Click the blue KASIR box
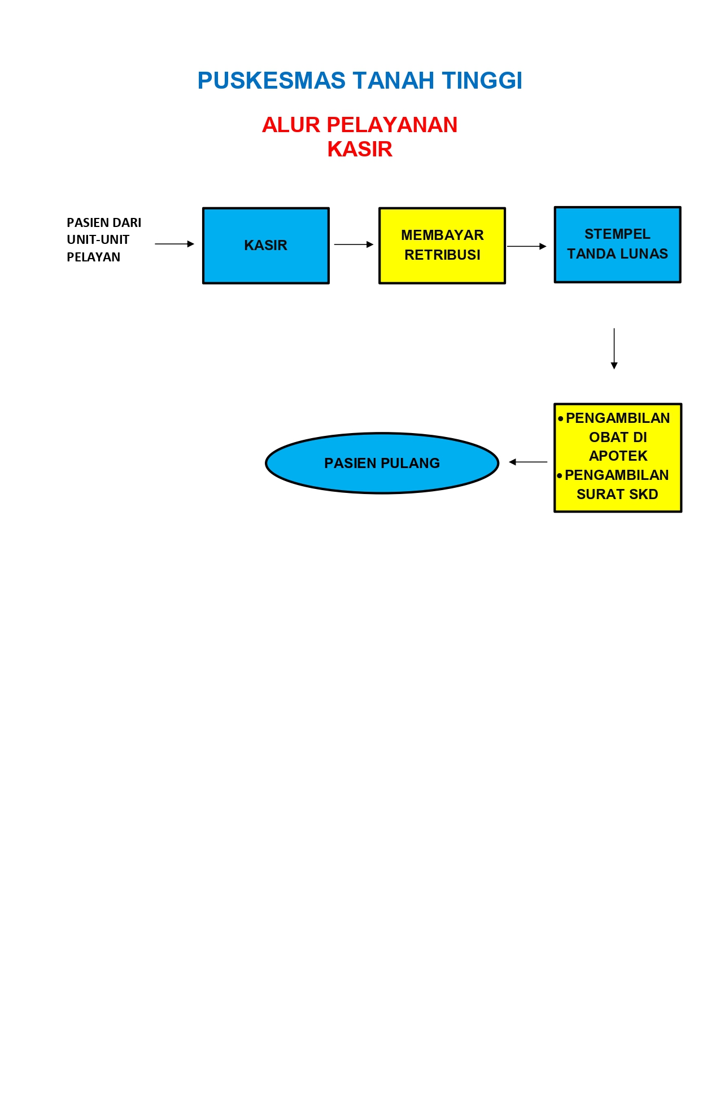[x=265, y=246]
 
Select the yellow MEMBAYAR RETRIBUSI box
[x=442, y=246]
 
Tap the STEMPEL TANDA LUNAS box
[x=617, y=244]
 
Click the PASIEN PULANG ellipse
[x=382, y=463]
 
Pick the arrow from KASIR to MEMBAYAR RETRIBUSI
[x=354, y=244]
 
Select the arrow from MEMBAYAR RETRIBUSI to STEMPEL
[x=526, y=246]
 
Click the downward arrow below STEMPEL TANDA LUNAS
[x=614, y=348]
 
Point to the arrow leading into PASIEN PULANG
[x=528, y=462]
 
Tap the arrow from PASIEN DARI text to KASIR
[x=174, y=244]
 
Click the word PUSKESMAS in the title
[x=271, y=81]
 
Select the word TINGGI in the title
[x=482, y=81]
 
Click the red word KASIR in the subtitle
[x=360, y=150]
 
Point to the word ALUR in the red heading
[x=291, y=125]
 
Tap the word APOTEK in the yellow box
[x=618, y=456]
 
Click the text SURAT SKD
[x=617, y=494]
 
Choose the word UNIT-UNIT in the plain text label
[x=98, y=239]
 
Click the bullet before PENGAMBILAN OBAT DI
[x=560, y=418]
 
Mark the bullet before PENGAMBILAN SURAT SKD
[x=560, y=475]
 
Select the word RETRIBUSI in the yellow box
[x=442, y=255]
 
